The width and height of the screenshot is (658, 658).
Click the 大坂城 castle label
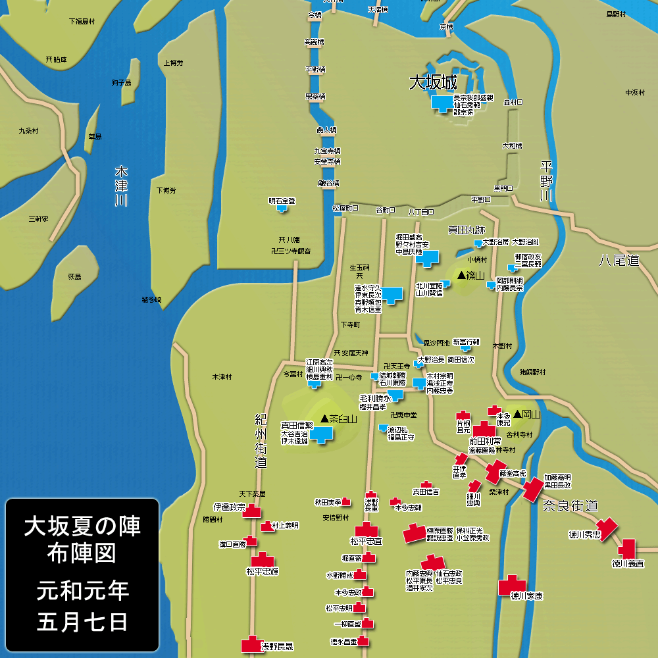click(x=433, y=83)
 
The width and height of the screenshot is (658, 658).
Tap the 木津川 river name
click(x=120, y=186)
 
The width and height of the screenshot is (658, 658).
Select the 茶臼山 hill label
click(x=338, y=418)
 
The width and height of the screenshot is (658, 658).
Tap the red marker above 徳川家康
click(x=511, y=584)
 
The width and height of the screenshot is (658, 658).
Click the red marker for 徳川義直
click(x=626, y=548)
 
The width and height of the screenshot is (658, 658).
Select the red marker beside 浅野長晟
click(x=251, y=644)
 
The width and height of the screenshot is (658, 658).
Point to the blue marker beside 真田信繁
click(x=322, y=434)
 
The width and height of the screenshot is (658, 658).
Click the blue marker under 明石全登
click(x=282, y=209)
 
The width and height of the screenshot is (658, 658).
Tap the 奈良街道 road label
click(x=570, y=505)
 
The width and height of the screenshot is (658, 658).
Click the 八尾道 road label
click(x=619, y=261)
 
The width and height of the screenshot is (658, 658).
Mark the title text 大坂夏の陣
click(x=82, y=526)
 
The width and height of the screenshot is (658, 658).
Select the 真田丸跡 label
click(x=467, y=230)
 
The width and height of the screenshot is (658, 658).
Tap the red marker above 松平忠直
click(x=366, y=530)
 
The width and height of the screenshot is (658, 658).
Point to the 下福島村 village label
click(x=82, y=21)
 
